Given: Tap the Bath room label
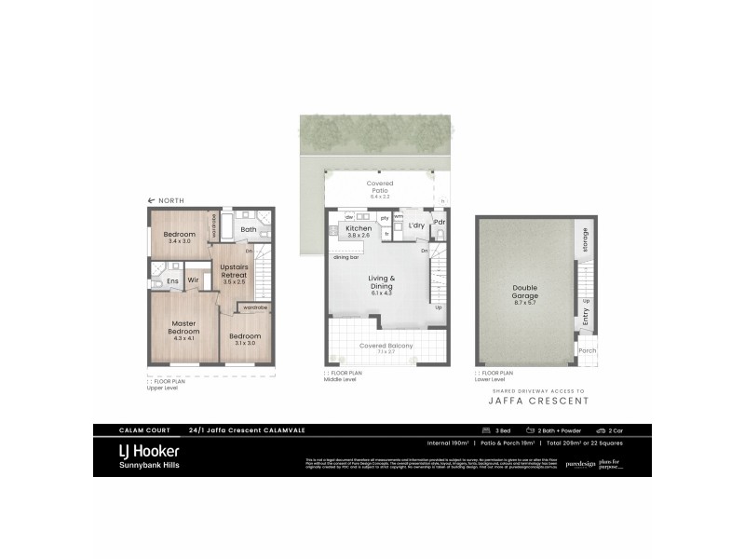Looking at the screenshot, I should [249, 229].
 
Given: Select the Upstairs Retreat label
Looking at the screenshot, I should [232, 270].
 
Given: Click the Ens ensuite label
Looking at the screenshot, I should [172, 279].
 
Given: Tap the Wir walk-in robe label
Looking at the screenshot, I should [195, 279].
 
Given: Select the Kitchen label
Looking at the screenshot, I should [359, 228].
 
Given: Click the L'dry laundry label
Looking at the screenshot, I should [415, 227].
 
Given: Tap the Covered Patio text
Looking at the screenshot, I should [379, 184].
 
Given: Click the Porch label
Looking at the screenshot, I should [587, 351].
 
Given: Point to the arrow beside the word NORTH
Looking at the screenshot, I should [152, 201].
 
